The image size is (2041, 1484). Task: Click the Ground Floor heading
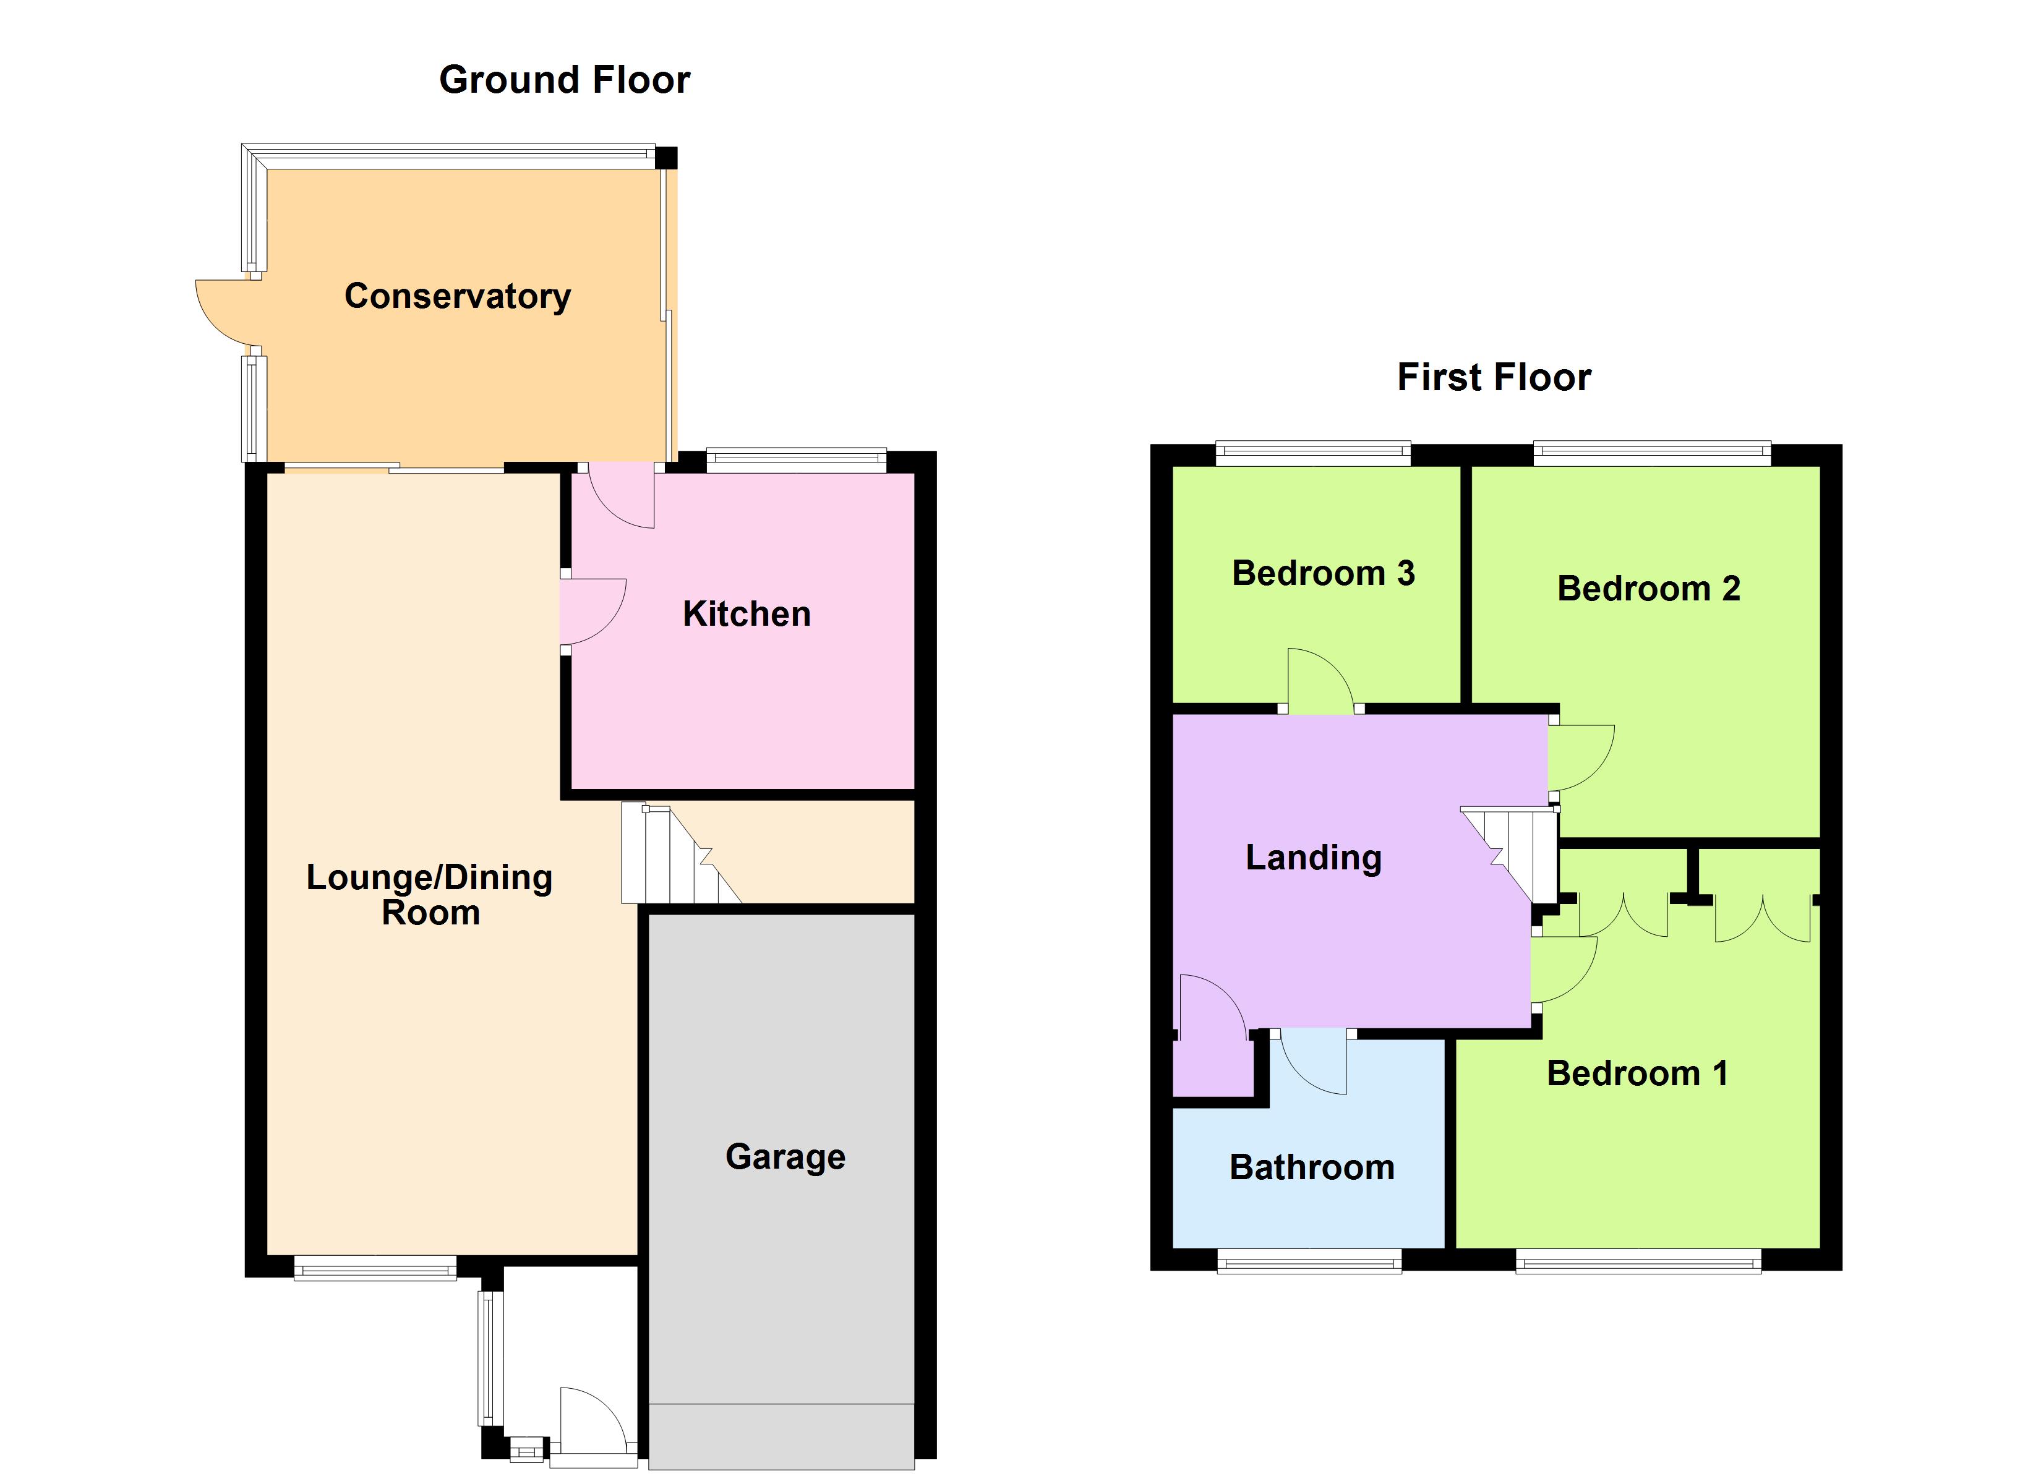[x=564, y=80]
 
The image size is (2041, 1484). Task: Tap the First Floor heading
[x=1494, y=377]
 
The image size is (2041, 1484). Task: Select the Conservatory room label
[x=457, y=296]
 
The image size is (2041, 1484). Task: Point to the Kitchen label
[x=746, y=614]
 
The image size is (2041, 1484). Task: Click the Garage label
[x=785, y=1156]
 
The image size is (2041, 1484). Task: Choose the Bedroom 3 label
[x=1323, y=573]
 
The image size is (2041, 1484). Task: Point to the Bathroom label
[x=1312, y=1167]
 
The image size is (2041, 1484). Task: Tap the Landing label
[x=1313, y=858]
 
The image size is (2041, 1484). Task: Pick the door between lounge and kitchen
[x=591, y=612]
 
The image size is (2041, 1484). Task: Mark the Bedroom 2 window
[x=1652, y=453]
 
